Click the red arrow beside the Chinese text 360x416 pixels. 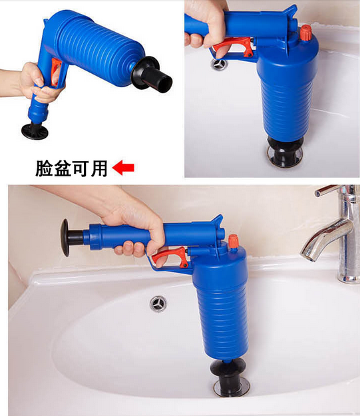pyautogui.click(x=123, y=168)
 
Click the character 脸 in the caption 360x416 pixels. pyautogui.click(x=45, y=168)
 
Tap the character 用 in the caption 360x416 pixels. pyautogui.click(x=99, y=168)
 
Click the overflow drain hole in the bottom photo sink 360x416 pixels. pyautogui.click(x=158, y=304)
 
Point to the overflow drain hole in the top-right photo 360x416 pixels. pyautogui.click(x=219, y=65)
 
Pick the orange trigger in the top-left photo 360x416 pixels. pyautogui.click(x=56, y=71)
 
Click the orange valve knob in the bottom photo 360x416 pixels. pyautogui.click(x=233, y=241)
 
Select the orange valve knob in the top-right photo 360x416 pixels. pyautogui.click(x=305, y=33)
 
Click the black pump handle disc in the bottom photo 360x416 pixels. pyautogui.click(x=65, y=237)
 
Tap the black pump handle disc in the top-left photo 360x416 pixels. pyautogui.click(x=35, y=131)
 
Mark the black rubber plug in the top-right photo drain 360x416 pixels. pyautogui.click(x=285, y=150)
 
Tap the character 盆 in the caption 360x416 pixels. pyautogui.click(x=63, y=168)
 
